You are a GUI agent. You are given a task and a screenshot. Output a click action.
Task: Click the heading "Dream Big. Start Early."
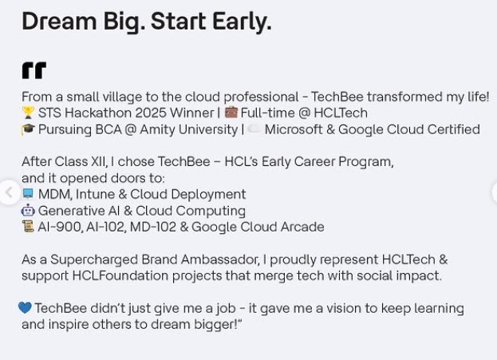[x=146, y=22]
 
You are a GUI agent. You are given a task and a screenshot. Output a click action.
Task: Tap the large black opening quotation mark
[x=34, y=71]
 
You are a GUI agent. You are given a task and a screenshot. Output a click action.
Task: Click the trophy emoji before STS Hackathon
[x=28, y=113]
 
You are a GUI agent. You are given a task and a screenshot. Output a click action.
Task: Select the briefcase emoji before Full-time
[x=231, y=113]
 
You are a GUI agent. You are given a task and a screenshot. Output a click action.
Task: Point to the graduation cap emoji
[x=28, y=129]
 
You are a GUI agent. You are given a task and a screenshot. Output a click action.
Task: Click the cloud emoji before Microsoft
[x=254, y=129]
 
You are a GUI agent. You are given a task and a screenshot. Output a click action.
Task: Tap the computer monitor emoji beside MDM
[x=28, y=194]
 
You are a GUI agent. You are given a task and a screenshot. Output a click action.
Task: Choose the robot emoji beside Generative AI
[x=28, y=211]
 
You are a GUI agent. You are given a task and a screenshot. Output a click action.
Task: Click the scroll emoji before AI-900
[x=28, y=227]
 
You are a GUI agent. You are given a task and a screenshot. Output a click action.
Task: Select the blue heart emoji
[x=25, y=308]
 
